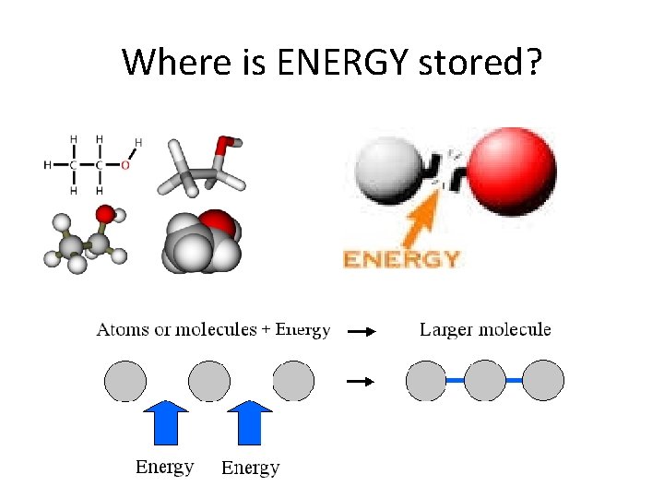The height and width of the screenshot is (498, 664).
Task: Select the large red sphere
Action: (512, 171)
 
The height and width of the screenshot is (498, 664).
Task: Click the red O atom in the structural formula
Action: (125, 165)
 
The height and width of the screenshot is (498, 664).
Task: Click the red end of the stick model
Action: (224, 146)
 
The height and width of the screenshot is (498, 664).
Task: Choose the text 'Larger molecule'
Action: (485, 329)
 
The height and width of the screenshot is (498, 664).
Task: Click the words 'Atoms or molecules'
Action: (176, 329)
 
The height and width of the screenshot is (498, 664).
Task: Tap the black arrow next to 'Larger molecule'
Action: (363, 331)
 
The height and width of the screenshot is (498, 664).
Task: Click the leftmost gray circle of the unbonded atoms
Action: (125, 380)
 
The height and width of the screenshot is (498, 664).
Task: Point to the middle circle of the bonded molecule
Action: (485, 380)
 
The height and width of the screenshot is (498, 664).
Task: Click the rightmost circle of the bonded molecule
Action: (543, 380)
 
